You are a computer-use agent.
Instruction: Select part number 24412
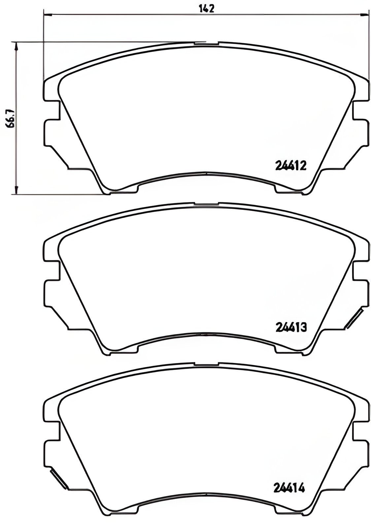290,165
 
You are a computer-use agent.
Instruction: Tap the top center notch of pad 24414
206,364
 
